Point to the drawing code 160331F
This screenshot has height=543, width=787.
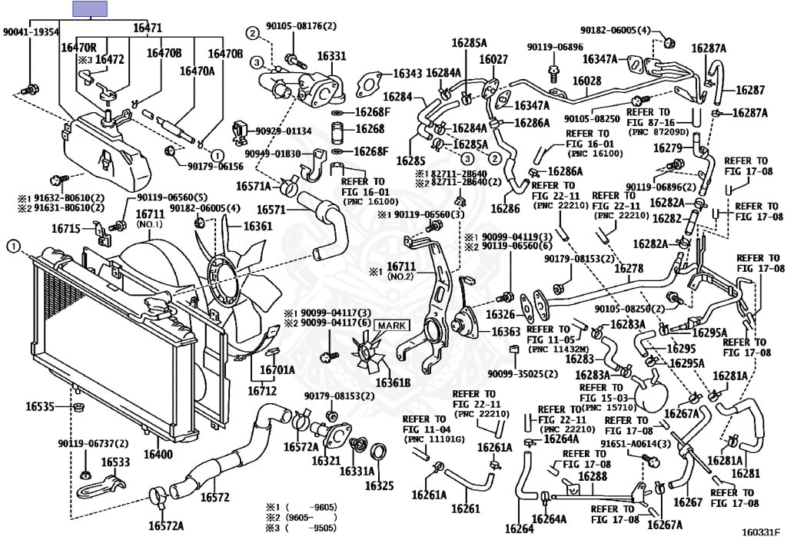pyautogui.click(x=761, y=531)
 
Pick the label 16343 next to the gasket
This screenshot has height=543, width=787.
pyautogui.click(x=407, y=73)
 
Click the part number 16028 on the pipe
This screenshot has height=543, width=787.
pyautogui.click(x=586, y=81)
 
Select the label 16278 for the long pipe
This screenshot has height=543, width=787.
pyautogui.click(x=629, y=268)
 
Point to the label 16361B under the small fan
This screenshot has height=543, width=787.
pyautogui.click(x=393, y=382)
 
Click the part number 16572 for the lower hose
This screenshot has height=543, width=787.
pyautogui.click(x=215, y=497)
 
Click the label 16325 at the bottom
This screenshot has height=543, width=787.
pyautogui.click(x=379, y=485)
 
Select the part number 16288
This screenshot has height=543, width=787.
pyautogui.click(x=593, y=476)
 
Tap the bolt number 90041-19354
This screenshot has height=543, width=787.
pyautogui.click(x=31, y=31)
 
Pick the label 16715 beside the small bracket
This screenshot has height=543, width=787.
pyautogui.click(x=67, y=228)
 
